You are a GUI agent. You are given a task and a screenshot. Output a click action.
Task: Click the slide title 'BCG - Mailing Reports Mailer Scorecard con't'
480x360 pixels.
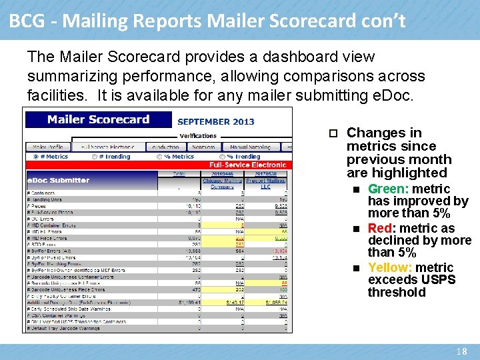[207, 21]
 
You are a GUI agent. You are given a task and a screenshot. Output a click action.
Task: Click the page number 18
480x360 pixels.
[461, 351]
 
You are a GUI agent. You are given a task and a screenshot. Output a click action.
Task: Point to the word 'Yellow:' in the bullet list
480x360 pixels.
[390, 268]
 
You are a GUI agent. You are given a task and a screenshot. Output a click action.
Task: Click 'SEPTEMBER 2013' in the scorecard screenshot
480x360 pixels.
[216, 122]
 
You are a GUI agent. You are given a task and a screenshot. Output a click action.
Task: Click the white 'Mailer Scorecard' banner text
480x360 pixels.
[99, 120]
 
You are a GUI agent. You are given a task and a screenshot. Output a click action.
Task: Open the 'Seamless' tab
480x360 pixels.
[204, 147]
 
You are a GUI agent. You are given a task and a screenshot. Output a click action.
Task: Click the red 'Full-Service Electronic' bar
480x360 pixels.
[247, 165]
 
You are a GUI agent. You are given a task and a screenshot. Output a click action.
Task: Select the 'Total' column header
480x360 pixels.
[179, 173]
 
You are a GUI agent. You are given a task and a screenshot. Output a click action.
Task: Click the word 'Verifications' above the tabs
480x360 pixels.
[198, 136]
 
